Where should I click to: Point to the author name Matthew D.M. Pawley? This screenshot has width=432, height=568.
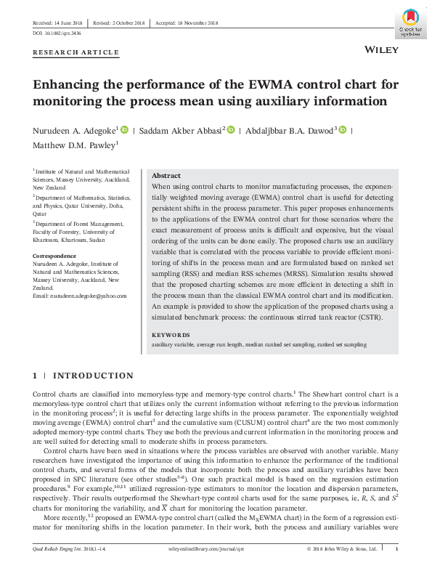74,145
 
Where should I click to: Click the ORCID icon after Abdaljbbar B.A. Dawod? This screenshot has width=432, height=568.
343,130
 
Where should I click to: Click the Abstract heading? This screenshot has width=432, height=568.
166,177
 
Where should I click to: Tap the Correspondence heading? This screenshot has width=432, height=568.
54,256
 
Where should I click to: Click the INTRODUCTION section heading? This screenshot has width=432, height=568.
94,376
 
